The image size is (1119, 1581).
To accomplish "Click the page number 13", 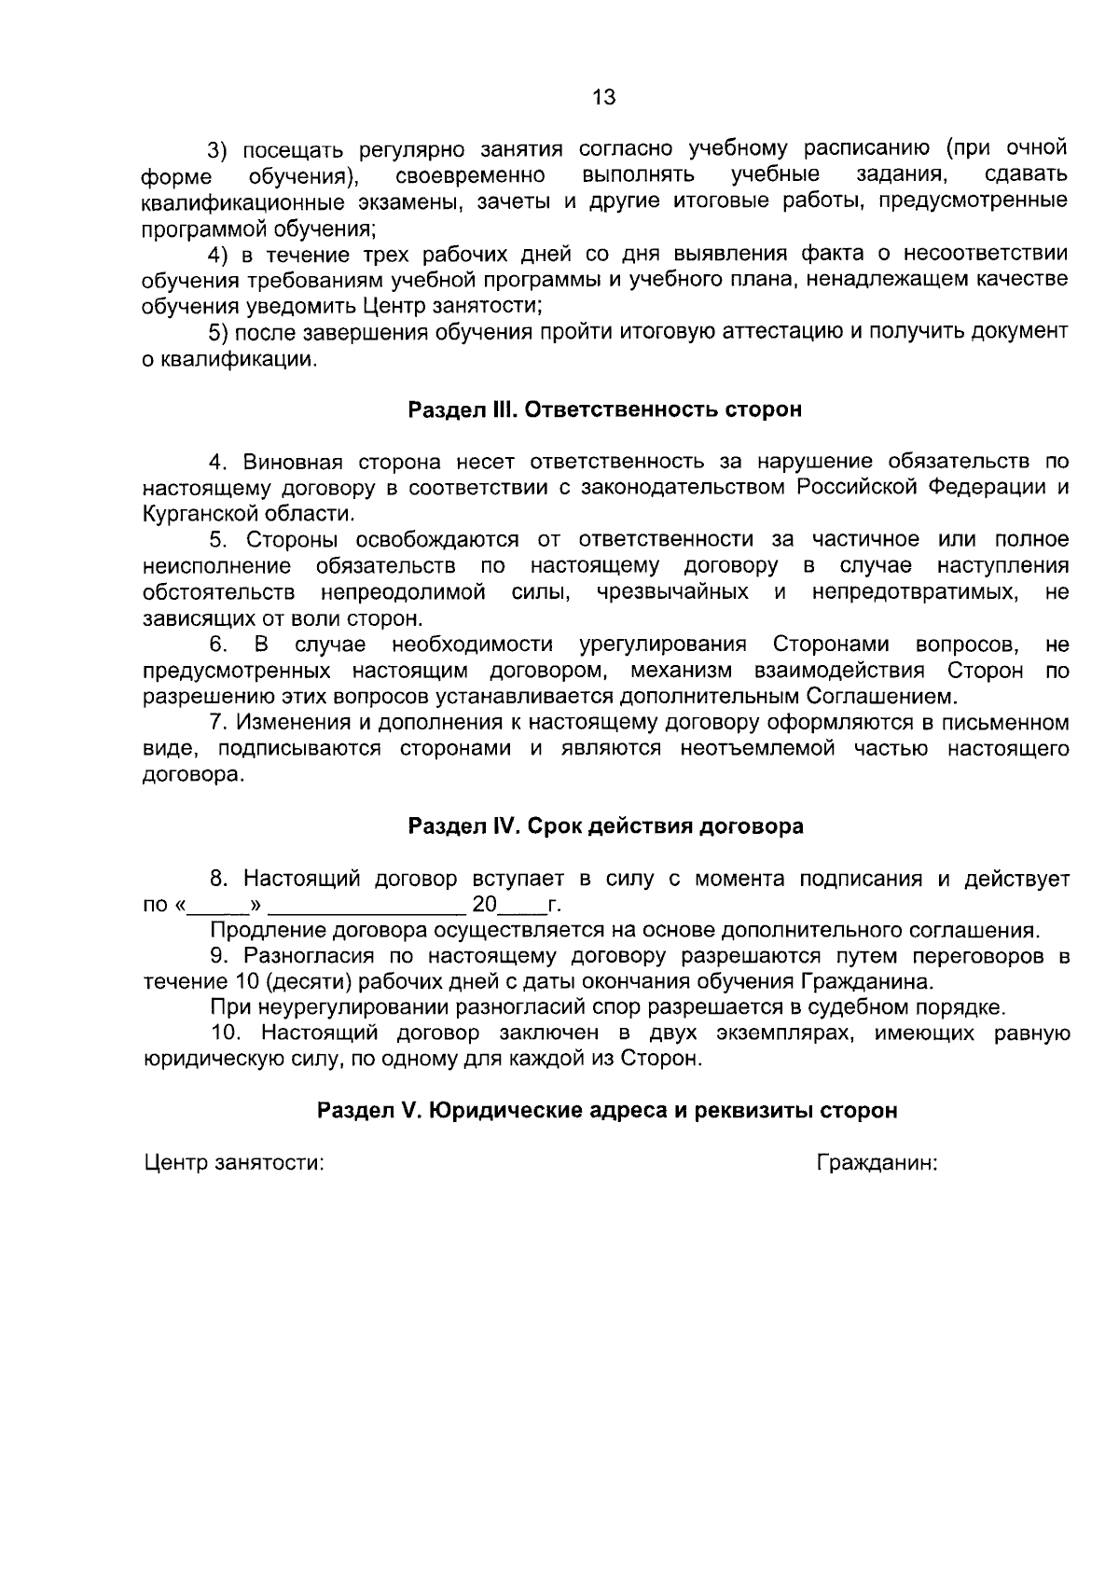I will (x=604, y=97).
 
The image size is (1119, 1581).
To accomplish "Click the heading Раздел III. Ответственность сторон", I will (x=605, y=409).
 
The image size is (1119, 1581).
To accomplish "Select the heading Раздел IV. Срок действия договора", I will (x=605, y=826).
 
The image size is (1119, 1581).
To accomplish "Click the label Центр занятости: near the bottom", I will (x=233, y=1163).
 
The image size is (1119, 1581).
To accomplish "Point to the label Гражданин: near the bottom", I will (x=877, y=1163).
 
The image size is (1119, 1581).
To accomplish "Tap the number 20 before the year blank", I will (x=485, y=905).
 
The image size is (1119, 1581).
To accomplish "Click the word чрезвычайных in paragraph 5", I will (x=672, y=592).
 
